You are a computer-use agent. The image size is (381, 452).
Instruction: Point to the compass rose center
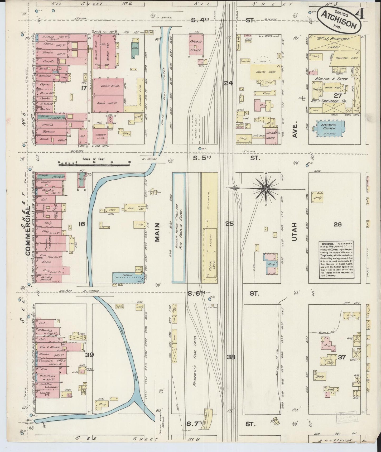[266, 189]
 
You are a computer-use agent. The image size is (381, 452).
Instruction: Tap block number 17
[84, 88]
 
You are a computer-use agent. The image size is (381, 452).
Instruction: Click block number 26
[337, 224]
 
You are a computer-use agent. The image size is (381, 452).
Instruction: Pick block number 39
[90, 355]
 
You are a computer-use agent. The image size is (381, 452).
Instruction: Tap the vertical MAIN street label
[157, 232]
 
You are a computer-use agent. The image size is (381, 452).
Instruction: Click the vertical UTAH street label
[295, 232]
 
